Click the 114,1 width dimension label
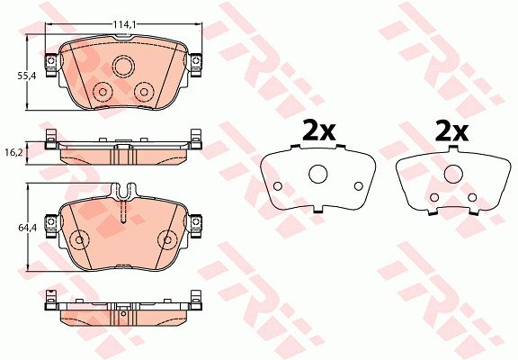tap(125, 24)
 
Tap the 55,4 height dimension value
tap(26, 76)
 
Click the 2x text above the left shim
tap(319, 131)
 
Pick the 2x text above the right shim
tap(451, 131)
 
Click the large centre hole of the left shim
tap(317, 174)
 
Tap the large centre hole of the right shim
tap(453, 174)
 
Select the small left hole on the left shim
tap(278, 186)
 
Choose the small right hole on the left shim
tap(359, 186)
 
